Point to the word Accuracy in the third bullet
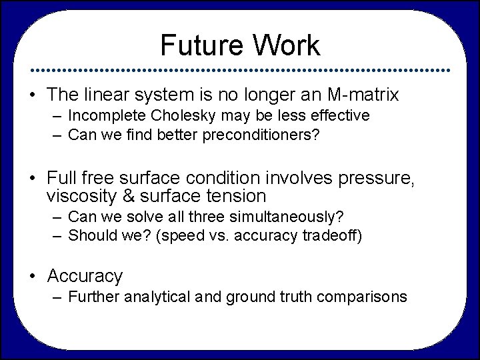85,275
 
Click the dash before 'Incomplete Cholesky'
57,116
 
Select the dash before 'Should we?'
57,235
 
